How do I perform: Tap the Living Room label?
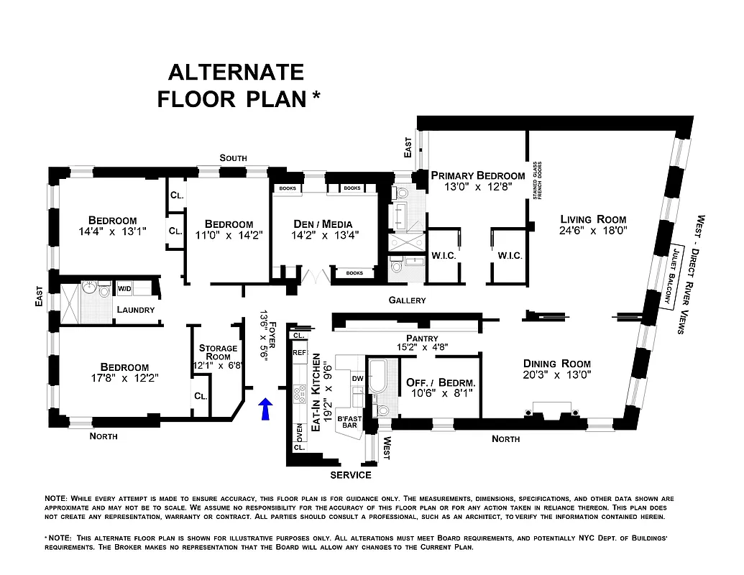point(594,219)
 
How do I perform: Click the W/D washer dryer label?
point(124,288)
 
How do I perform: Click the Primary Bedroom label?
point(477,175)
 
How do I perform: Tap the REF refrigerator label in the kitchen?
point(300,353)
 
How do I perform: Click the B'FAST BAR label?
point(349,423)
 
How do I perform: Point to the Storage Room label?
point(218,352)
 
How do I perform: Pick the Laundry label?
point(136,310)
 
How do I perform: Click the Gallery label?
point(407,300)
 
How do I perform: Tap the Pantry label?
point(422,338)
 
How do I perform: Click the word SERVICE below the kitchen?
point(350,475)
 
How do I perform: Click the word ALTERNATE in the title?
point(236,72)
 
